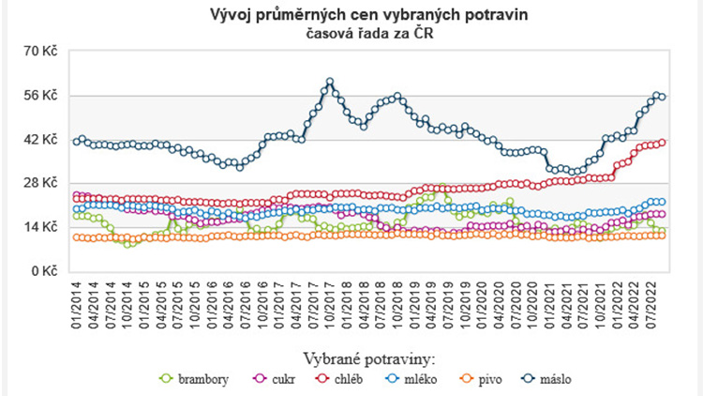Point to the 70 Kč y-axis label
tap(43, 52)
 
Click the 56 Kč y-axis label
tap(43, 96)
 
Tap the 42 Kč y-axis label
tap(43, 140)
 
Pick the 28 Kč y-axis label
tap(43, 183)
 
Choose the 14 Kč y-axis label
tap(43, 227)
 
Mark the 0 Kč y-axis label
tap(47, 271)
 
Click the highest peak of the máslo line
tap(330, 82)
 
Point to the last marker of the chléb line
tap(662, 142)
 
